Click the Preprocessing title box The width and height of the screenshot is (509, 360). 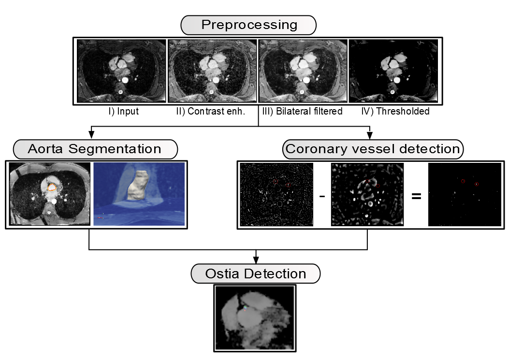coord(248,25)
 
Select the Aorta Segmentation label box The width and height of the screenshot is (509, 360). coord(95,149)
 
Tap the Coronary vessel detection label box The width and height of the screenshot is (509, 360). coord(373,149)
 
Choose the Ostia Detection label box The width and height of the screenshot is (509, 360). coord(256,274)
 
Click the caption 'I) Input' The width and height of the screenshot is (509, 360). coord(123,111)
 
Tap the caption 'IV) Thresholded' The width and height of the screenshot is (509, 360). coord(395,111)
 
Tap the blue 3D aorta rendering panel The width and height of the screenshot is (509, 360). coord(139,193)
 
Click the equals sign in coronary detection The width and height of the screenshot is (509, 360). coord(416,196)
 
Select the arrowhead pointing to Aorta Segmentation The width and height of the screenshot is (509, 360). coord(92,136)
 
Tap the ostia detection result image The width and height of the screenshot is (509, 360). coord(255,317)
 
